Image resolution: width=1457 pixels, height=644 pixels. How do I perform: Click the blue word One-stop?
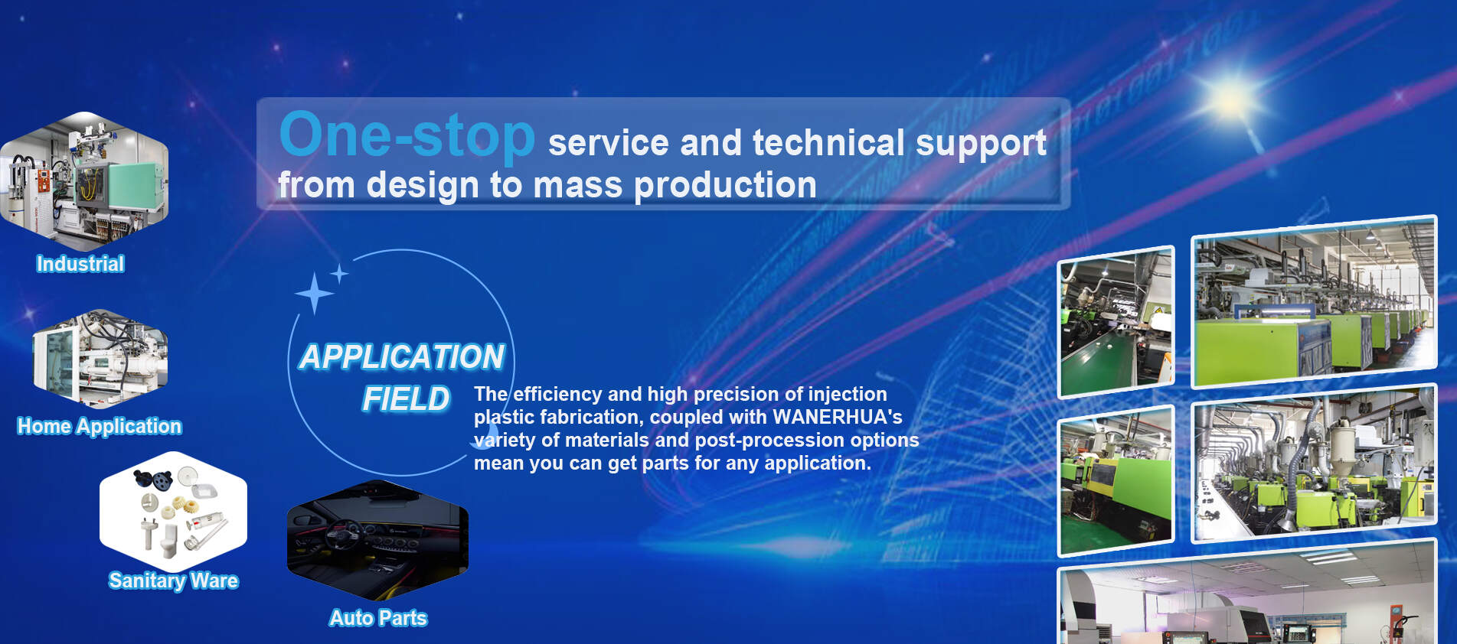coord(407,135)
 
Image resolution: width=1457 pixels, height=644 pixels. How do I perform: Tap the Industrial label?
coord(80,264)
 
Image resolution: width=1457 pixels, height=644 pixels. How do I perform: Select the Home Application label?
coord(100,426)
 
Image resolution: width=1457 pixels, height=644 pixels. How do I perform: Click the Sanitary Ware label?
coord(173,581)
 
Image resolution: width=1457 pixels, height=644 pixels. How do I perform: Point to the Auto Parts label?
coord(378,618)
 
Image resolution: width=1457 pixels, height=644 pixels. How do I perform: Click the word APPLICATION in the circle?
coord(401,357)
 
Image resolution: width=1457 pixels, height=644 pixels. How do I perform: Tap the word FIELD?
coord(406,399)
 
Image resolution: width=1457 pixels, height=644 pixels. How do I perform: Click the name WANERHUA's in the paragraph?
coord(838,417)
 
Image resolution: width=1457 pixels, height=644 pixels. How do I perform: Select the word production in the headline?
coord(725,185)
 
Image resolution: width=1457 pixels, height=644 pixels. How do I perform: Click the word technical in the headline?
coord(828,143)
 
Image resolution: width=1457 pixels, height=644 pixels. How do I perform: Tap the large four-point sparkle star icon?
coord(314,293)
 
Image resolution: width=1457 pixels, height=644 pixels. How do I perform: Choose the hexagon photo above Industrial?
coord(84,182)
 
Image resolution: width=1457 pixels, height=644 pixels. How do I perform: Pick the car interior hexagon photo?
coord(377,539)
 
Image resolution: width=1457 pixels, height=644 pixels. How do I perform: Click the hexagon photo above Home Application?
coord(100,359)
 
